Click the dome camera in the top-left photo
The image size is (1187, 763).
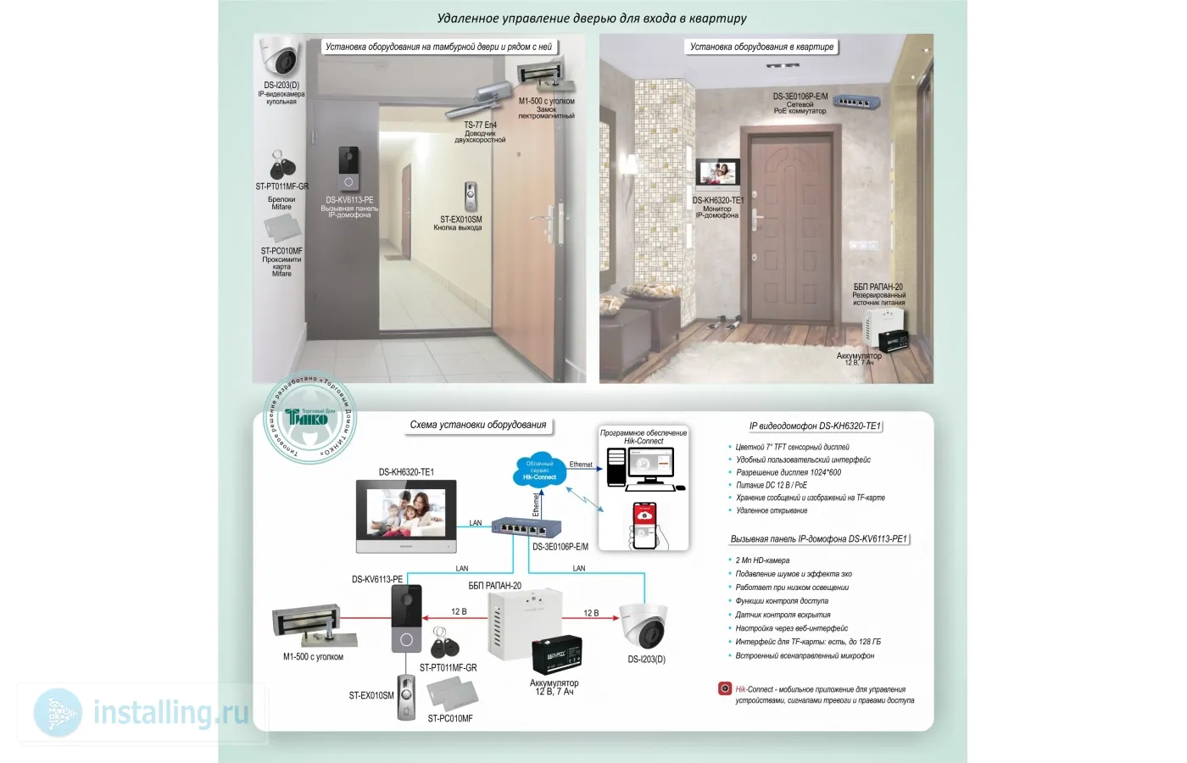(x=281, y=57)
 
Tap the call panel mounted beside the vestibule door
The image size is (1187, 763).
(x=348, y=170)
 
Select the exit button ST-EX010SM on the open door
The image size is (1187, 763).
(x=471, y=197)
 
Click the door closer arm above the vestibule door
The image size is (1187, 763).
(x=479, y=98)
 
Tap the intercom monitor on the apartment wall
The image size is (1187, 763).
(x=717, y=173)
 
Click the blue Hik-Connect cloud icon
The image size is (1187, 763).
(x=539, y=470)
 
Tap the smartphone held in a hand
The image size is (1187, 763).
(x=645, y=525)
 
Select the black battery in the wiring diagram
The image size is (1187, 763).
(x=556, y=655)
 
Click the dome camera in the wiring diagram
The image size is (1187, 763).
(x=645, y=626)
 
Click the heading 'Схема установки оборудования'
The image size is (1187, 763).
(x=478, y=425)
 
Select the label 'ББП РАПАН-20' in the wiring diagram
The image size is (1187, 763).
(x=495, y=586)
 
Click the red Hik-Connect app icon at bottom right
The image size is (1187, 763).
(x=725, y=688)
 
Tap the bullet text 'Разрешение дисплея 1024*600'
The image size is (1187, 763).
(x=789, y=472)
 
